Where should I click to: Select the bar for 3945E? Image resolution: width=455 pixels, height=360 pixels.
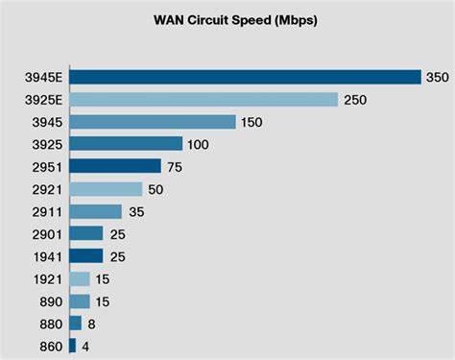pyautogui.click(x=246, y=77)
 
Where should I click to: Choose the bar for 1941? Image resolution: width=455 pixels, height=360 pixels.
pyautogui.click(x=86, y=255)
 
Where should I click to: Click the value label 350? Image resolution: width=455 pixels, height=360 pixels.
pyautogui.click(x=437, y=77)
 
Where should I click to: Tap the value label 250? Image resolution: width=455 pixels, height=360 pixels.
pyautogui.click(x=354, y=99)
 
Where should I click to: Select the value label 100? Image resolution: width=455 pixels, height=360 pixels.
pyautogui.click(x=199, y=144)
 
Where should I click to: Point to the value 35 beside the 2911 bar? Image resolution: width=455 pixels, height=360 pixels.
pyautogui.click(x=136, y=211)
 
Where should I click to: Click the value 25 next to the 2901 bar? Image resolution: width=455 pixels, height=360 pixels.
pyautogui.click(x=117, y=233)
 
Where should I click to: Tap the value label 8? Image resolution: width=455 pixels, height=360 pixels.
pyautogui.click(x=90, y=323)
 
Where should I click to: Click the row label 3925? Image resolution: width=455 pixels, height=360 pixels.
pyautogui.click(x=46, y=144)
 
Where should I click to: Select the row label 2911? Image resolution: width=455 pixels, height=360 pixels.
pyautogui.click(x=46, y=211)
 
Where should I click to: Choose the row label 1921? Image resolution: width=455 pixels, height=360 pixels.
pyautogui.click(x=46, y=278)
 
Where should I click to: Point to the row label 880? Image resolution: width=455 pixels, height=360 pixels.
pyautogui.click(x=49, y=323)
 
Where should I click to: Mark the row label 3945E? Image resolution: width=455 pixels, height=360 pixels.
pyautogui.click(x=42, y=77)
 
